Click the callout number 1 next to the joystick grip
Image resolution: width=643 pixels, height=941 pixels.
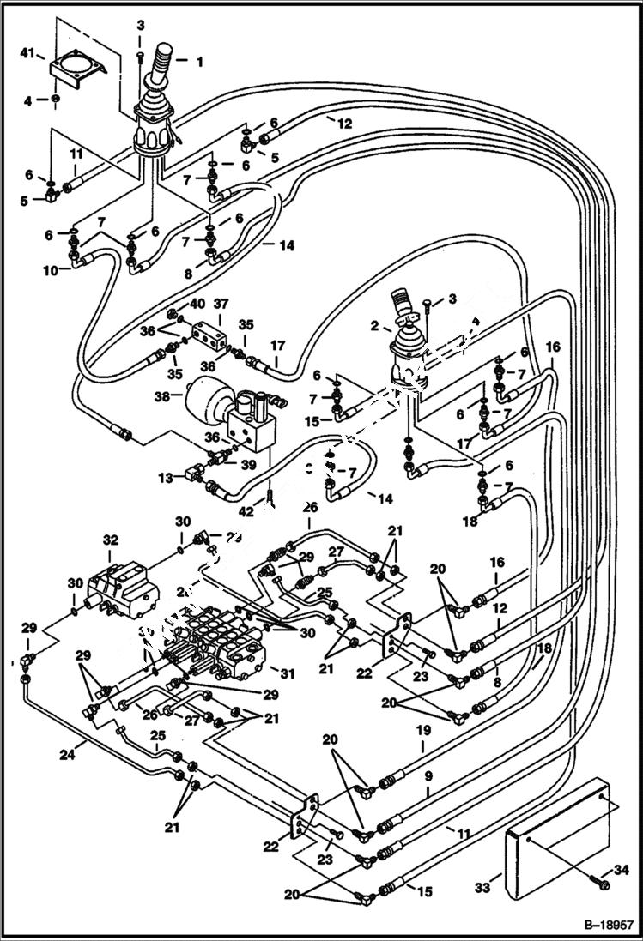(x=200, y=62)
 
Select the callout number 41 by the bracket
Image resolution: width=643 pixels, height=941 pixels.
(x=28, y=54)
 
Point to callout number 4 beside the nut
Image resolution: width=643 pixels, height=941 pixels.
(x=27, y=101)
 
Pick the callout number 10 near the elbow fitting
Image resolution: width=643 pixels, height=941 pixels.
(x=51, y=270)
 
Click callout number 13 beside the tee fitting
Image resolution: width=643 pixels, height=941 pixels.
(x=167, y=474)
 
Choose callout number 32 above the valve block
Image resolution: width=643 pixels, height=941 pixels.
(x=110, y=540)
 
